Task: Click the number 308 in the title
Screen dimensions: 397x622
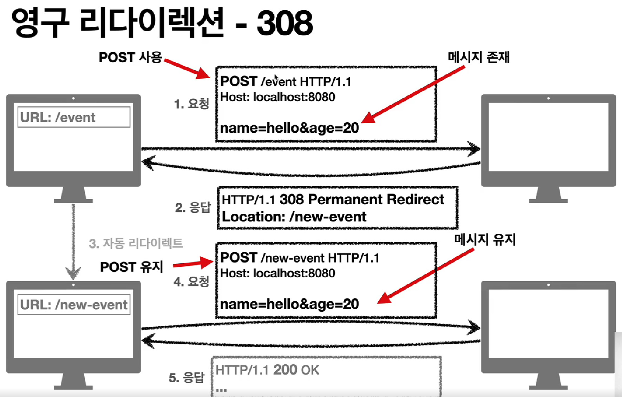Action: point(284,23)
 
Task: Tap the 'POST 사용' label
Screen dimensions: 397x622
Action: point(130,58)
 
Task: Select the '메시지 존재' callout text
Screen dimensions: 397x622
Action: point(478,57)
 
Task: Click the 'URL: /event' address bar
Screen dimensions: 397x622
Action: point(74,117)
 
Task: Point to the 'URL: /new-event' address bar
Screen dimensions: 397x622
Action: point(74,305)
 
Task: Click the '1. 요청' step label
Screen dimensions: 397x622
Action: point(191,104)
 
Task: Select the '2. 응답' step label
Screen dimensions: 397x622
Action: point(193,207)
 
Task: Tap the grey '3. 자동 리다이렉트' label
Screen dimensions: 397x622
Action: point(136,243)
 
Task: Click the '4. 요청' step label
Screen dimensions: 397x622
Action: point(191,282)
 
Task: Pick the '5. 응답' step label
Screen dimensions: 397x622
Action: point(186,378)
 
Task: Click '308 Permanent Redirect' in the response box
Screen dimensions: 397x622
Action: point(362,199)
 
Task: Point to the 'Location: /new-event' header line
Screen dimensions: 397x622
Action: point(294,217)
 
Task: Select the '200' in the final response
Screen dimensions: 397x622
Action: point(285,370)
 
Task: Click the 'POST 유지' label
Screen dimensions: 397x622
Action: point(131,267)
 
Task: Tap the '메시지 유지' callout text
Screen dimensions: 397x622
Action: point(485,240)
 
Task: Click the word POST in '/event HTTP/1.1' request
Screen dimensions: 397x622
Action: point(239,81)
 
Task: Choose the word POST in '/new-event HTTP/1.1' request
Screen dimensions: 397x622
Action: point(239,258)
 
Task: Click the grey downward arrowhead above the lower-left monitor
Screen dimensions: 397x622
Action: point(73,273)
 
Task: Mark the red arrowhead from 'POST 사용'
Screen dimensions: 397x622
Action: point(203,74)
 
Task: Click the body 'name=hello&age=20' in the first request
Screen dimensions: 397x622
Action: point(289,128)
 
